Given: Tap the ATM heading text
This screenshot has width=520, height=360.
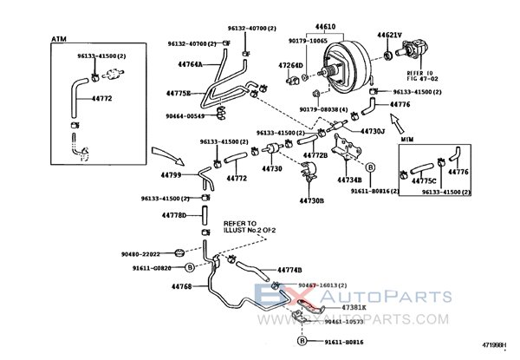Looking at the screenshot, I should [x=58, y=39].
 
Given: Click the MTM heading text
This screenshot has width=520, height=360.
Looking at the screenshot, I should [x=407, y=139].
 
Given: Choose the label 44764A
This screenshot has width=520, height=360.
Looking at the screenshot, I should [x=190, y=64].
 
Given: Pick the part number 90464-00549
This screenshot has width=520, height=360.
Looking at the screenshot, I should [x=185, y=116].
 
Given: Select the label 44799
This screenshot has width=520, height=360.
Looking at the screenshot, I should [x=172, y=176].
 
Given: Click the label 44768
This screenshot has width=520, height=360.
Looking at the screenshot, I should [x=180, y=285].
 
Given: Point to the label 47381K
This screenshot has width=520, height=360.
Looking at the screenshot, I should [x=354, y=306].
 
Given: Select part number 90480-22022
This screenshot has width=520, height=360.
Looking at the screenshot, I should [x=141, y=253].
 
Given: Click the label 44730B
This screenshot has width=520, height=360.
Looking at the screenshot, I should [x=311, y=200].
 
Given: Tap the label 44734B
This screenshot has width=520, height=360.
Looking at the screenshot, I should [x=349, y=180].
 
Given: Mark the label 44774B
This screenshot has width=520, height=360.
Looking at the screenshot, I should [x=289, y=271].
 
